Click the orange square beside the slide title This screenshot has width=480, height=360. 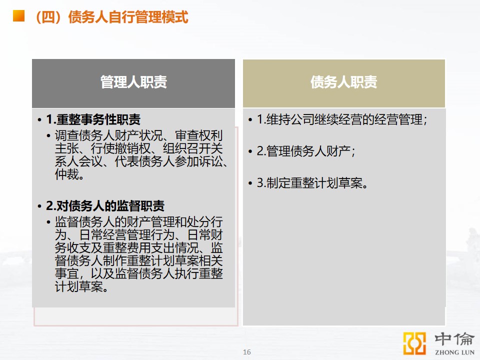(18, 15)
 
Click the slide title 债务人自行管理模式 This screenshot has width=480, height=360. (128, 17)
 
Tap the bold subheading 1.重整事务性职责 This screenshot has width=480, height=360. (93, 119)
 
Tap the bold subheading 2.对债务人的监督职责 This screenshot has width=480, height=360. (105, 205)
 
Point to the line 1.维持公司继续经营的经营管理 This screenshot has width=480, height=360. (341, 119)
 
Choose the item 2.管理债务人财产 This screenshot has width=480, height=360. (305, 151)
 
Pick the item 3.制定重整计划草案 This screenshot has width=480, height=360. (312, 183)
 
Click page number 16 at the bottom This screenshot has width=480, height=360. (246, 352)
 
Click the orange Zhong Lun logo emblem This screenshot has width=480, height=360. (414, 343)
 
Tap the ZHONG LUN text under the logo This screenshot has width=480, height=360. (454, 352)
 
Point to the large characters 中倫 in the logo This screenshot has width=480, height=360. (454, 339)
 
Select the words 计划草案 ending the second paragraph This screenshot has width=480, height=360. (78, 287)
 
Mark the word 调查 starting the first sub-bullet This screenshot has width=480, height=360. (66, 135)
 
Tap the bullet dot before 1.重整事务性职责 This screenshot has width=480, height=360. (39, 120)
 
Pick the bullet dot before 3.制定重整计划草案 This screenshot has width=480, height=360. (250, 183)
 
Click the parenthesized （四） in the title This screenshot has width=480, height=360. (50, 17)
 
